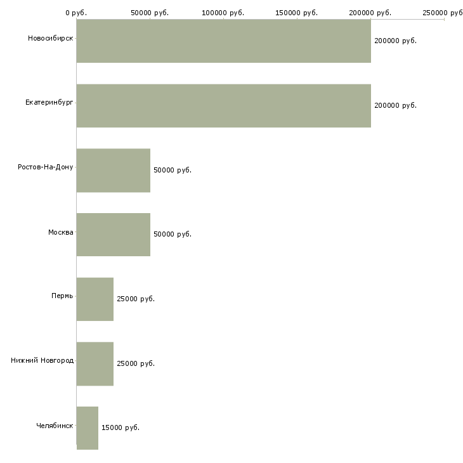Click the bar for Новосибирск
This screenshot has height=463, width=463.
(223, 41)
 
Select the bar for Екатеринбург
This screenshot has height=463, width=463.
(223, 105)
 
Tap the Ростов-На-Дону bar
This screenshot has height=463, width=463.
(113, 170)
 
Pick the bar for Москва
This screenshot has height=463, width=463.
(113, 235)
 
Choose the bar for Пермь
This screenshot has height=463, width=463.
(95, 299)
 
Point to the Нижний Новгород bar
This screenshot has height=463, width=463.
(95, 363)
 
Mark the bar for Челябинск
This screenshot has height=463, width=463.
(87, 427)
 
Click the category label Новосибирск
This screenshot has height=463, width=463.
(50, 39)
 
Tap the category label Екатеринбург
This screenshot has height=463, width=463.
(49, 103)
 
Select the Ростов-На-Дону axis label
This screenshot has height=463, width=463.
(46, 167)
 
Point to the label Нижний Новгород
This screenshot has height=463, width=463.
(42, 361)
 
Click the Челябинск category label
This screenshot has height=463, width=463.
(54, 426)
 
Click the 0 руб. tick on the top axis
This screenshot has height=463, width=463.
(77, 12)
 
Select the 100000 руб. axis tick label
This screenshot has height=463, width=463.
(223, 12)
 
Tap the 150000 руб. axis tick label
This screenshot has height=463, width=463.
(297, 12)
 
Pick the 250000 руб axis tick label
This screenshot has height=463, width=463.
(443, 12)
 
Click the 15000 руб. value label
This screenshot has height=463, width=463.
(120, 427)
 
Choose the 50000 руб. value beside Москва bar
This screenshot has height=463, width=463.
(172, 235)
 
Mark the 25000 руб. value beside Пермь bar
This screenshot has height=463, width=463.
(135, 299)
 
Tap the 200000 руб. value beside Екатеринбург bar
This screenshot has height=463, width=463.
(395, 105)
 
